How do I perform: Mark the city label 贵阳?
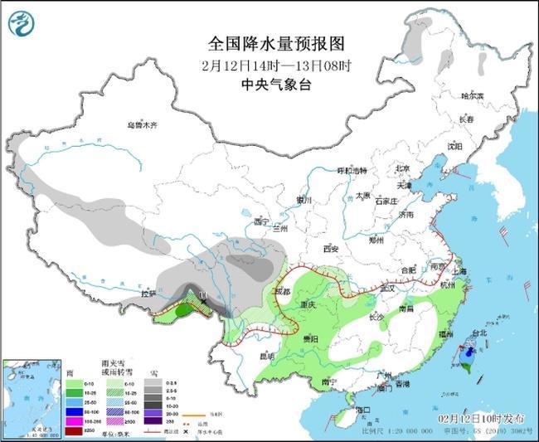(x=309, y=339)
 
